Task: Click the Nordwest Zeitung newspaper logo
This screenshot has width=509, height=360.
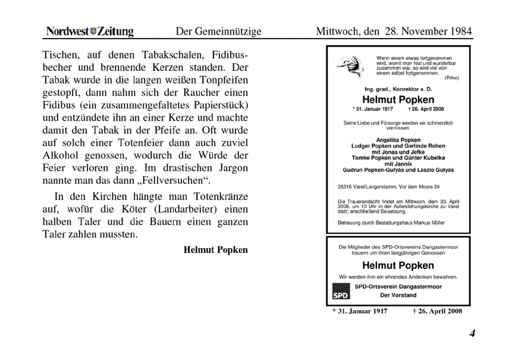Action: (x=90, y=32)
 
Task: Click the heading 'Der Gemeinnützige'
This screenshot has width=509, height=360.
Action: (x=218, y=32)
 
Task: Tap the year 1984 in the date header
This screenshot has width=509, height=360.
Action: (x=454, y=32)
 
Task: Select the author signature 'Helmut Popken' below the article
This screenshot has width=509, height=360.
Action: (x=215, y=250)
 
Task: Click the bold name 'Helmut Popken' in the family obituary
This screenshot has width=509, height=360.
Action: (x=398, y=99)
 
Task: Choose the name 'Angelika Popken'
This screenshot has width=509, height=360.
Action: (x=398, y=140)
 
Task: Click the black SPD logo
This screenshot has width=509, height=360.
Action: (x=340, y=294)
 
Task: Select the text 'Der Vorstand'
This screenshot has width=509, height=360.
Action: (x=398, y=295)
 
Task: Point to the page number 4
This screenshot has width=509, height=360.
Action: (x=472, y=333)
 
